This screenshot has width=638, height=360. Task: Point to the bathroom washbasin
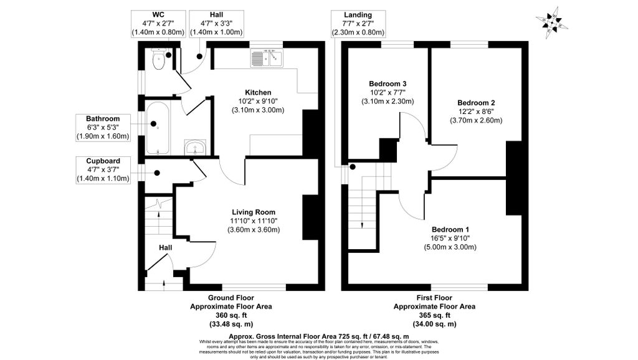point(196,147)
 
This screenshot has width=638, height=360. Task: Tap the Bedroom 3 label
point(388,83)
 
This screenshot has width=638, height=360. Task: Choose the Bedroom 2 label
point(476,103)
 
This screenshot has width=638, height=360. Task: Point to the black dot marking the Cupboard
point(156,173)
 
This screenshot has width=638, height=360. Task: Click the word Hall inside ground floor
point(165,248)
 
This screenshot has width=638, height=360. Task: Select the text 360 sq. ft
point(231,316)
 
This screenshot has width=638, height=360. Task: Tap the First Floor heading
point(434,298)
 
